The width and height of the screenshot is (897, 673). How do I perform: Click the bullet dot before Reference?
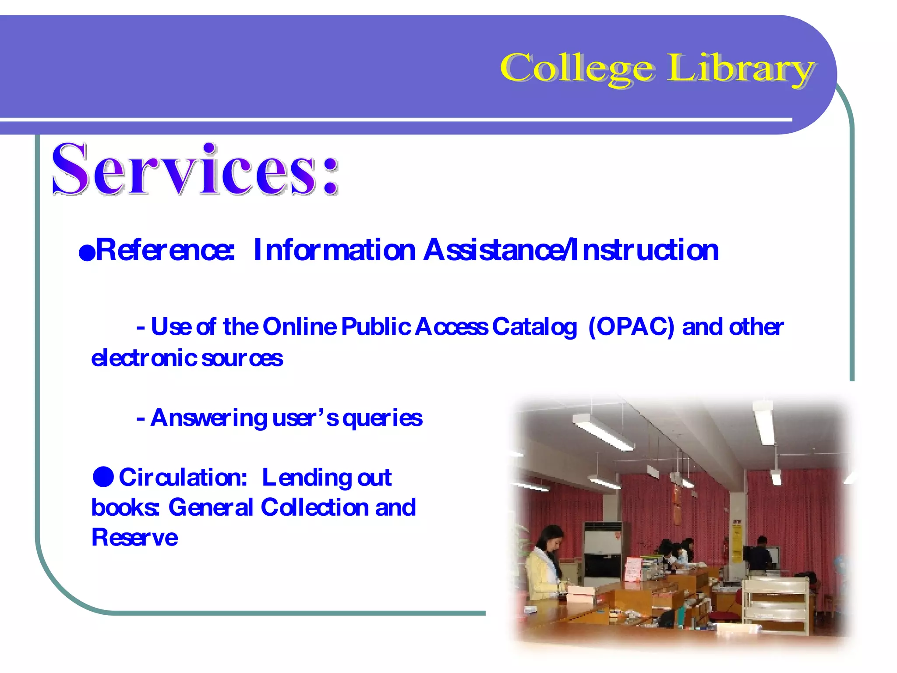(x=87, y=253)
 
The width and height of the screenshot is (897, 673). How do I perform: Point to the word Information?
(x=334, y=250)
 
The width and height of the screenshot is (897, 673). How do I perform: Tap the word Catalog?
(x=534, y=327)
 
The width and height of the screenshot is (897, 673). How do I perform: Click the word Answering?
(x=208, y=418)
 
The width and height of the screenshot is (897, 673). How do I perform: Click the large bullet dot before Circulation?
(x=103, y=477)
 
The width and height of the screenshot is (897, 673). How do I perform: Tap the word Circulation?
(x=183, y=477)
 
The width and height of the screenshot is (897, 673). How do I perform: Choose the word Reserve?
(x=134, y=538)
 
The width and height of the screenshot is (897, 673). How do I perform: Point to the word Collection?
(x=314, y=507)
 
